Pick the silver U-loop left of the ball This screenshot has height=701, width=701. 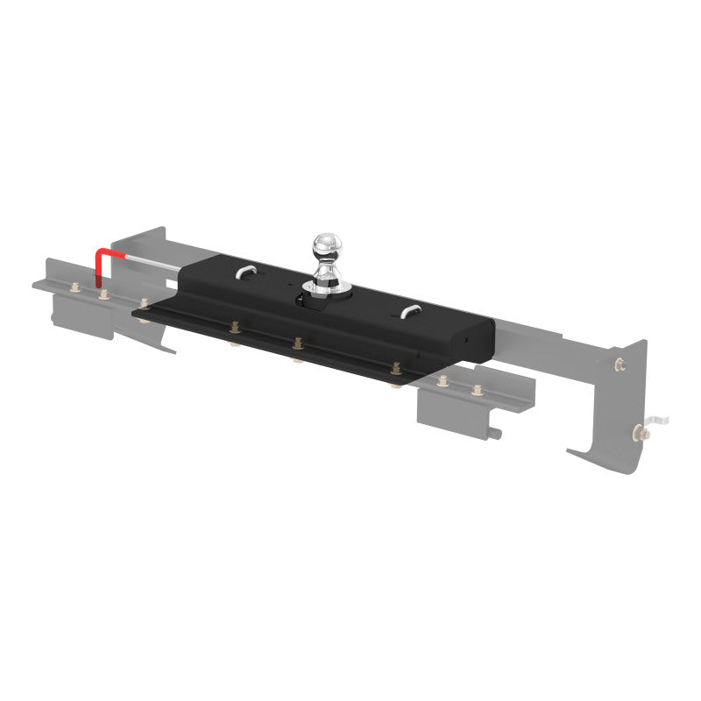[246, 273]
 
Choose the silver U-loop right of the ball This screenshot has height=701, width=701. [408, 311]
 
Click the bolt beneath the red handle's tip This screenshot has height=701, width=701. [104, 294]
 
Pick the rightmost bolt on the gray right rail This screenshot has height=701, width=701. [477, 388]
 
